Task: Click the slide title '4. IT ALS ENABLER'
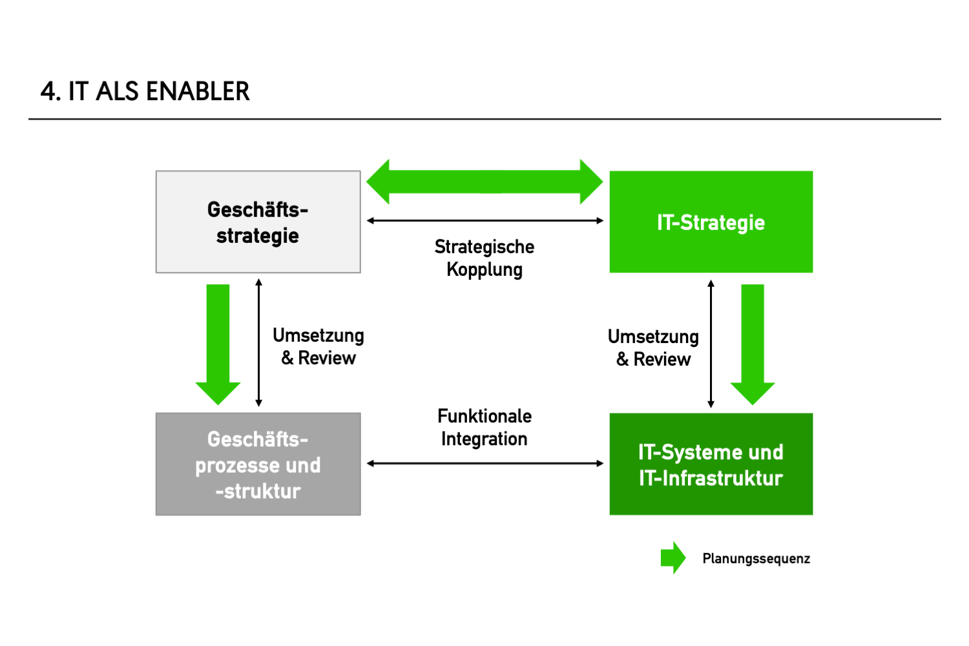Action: [145, 92]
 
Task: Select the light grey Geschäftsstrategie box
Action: [258, 222]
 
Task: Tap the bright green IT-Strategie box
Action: [711, 222]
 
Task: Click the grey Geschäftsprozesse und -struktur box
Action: [258, 464]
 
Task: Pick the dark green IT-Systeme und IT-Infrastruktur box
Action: [711, 464]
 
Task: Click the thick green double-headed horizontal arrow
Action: [484, 182]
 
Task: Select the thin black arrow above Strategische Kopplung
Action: [484, 221]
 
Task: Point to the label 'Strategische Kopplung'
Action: [484, 258]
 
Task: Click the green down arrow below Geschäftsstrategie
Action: [218, 342]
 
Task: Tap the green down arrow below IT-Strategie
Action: [753, 342]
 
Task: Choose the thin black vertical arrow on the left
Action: [259, 342]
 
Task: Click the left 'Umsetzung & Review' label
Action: [318, 347]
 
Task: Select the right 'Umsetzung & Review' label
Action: [653, 348]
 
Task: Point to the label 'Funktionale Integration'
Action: [484, 427]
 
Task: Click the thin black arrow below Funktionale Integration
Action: [484, 463]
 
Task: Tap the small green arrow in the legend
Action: [672, 557]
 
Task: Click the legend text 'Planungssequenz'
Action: [756, 559]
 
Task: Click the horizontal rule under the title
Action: [484, 119]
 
